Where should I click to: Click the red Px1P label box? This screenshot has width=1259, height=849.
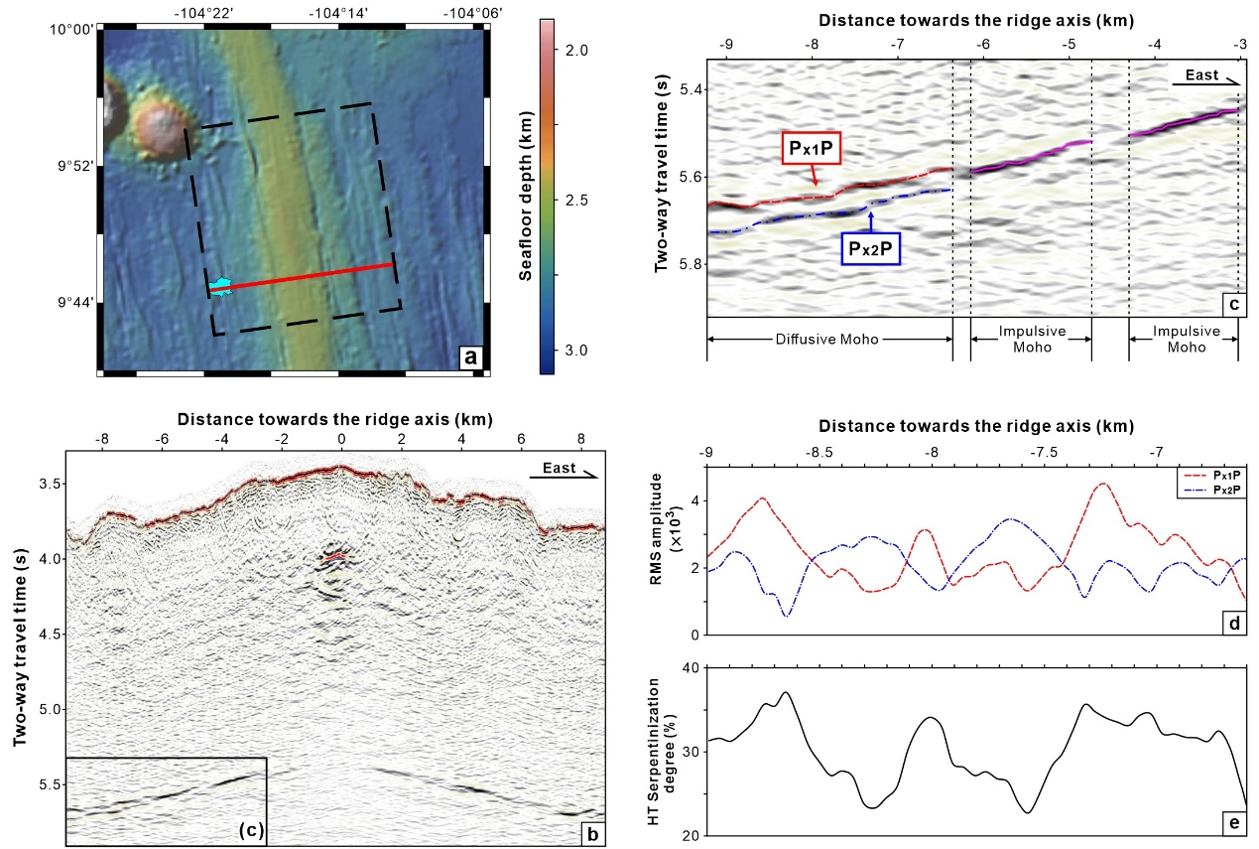pos(812,149)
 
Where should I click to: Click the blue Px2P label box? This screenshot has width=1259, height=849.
pos(871,248)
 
